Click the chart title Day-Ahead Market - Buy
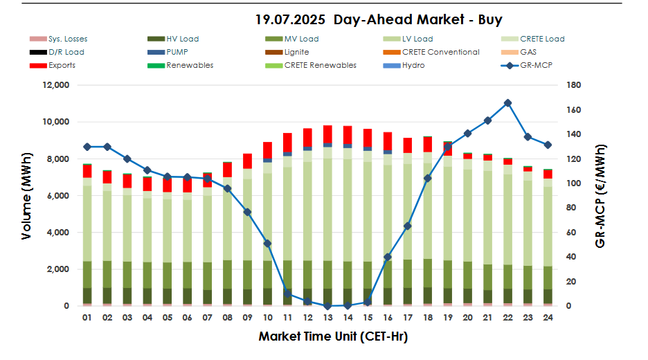point(379,19)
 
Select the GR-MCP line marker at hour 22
point(507,102)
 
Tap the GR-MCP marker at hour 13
point(327,305)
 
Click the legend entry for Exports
point(62,65)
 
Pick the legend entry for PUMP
point(177,52)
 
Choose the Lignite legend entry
point(296,52)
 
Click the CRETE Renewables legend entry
point(320,65)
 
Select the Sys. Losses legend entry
point(68,39)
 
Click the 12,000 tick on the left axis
point(55,85)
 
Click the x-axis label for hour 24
point(548,319)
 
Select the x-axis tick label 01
point(87,319)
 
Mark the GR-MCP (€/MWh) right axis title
point(600,197)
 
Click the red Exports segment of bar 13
point(327,134)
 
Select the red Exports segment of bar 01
point(87,171)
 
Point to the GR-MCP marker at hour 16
point(388,257)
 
